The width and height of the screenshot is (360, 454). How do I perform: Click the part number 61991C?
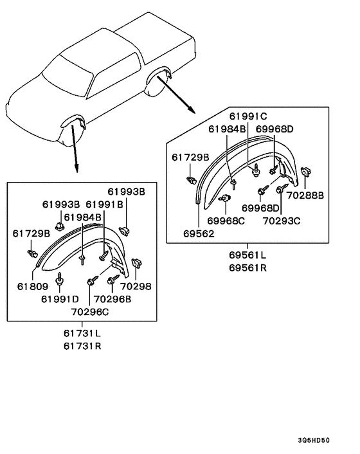point(248,117)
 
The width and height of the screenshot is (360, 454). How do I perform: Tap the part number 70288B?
point(305,195)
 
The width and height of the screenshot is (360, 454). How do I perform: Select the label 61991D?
point(60,299)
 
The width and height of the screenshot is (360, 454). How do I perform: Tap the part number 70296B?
point(112,299)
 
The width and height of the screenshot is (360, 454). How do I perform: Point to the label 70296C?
point(90,311)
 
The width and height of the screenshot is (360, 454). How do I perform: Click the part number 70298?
point(139,287)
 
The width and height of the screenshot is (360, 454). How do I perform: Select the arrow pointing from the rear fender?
point(177,95)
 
